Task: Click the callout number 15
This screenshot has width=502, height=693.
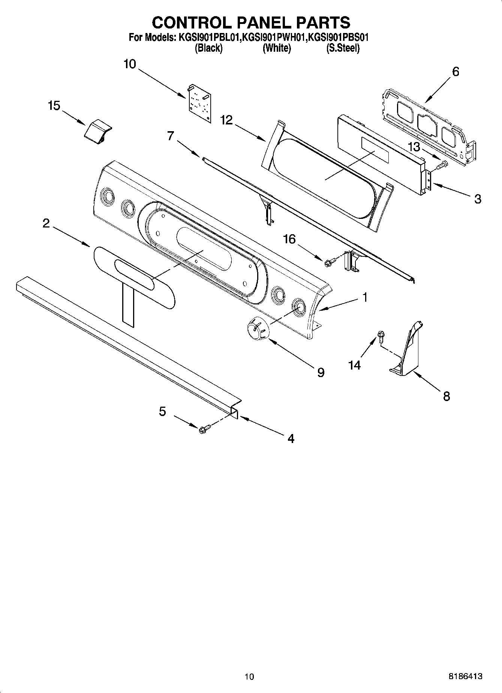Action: (54, 106)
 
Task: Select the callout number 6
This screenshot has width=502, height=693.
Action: (456, 71)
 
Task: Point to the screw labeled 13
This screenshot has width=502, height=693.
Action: (444, 164)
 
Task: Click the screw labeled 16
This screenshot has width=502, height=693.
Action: (330, 263)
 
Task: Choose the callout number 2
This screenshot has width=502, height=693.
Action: (46, 223)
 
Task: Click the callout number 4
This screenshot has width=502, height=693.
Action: (291, 438)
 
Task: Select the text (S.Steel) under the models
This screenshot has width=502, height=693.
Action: (343, 48)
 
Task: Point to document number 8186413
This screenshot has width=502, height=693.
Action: (465, 676)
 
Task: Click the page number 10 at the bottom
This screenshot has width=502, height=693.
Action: (249, 677)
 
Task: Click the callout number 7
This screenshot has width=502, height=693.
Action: (171, 136)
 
